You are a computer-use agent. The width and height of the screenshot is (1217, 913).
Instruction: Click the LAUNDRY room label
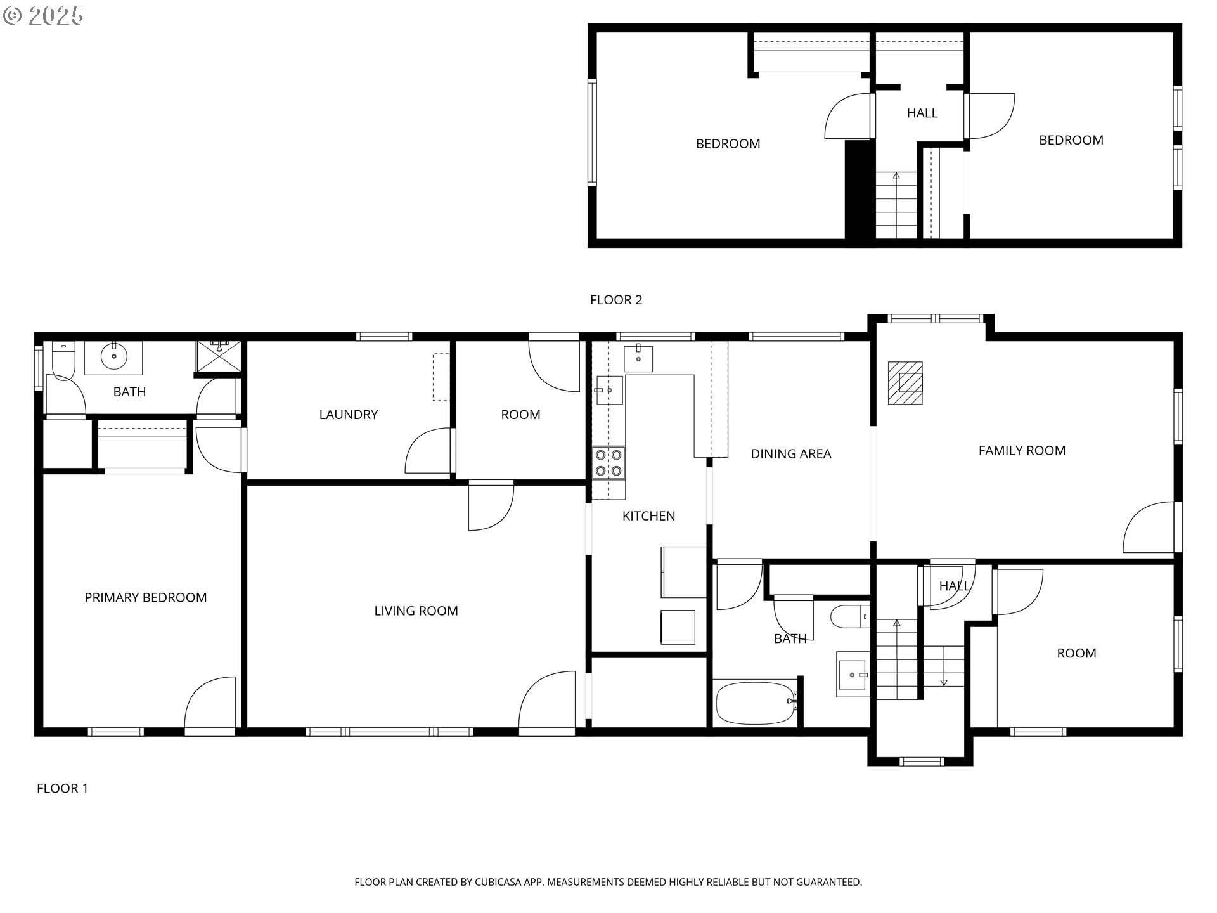[x=348, y=415]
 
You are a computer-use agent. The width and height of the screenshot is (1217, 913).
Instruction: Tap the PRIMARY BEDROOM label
[x=146, y=597]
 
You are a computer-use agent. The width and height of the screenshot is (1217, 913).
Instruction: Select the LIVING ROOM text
[x=416, y=611]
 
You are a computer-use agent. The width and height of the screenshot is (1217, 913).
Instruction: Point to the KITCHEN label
[x=648, y=516]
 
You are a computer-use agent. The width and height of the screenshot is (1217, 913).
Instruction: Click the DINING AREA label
[x=790, y=454]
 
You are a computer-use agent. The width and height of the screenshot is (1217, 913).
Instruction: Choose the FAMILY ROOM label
[x=1022, y=451]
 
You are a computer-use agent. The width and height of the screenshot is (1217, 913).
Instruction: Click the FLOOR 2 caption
[x=616, y=300]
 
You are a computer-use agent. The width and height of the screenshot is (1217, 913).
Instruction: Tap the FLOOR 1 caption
[x=62, y=788]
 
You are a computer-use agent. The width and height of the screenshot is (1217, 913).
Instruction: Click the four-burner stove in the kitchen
[x=608, y=462]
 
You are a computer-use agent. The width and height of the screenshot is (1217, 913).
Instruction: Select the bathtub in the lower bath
[x=756, y=703]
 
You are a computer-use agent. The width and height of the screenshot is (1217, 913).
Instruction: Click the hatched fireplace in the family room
[x=905, y=383]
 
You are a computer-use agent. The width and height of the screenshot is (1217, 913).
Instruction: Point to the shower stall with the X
[x=219, y=357]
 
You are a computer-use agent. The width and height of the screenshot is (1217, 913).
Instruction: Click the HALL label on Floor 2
[x=922, y=113]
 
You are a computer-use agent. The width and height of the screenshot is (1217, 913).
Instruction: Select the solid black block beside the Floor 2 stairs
[x=860, y=190]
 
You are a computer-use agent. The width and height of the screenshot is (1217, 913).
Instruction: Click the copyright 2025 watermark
[x=43, y=16]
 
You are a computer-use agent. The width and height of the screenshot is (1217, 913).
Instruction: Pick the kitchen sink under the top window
[x=638, y=359]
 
